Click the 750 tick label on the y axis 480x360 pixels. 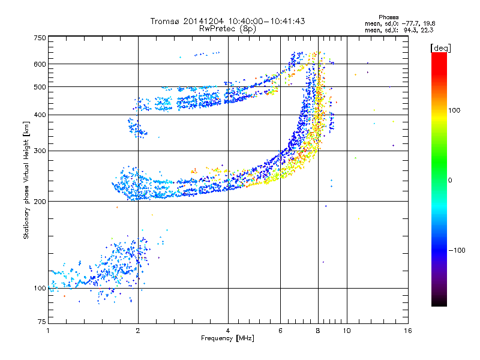click(x=40, y=37)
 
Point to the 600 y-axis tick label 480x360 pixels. click(x=40, y=64)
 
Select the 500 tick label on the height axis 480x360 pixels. click(x=40, y=86)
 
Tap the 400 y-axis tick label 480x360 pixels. click(x=40, y=115)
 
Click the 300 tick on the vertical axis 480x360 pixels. click(x=40, y=151)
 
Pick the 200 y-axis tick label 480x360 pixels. click(x=40, y=201)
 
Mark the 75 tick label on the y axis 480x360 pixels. click(x=41, y=322)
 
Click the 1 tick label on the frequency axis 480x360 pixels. click(x=48, y=331)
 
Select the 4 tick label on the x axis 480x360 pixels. click(x=228, y=331)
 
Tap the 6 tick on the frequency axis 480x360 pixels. click(x=280, y=331)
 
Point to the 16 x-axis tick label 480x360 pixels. click(x=407, y=331)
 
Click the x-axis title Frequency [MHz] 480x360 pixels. click(x=227, y=339)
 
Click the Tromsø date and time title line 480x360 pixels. click(x=227, y=21)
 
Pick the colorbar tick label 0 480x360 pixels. click(x=449, y=180)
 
